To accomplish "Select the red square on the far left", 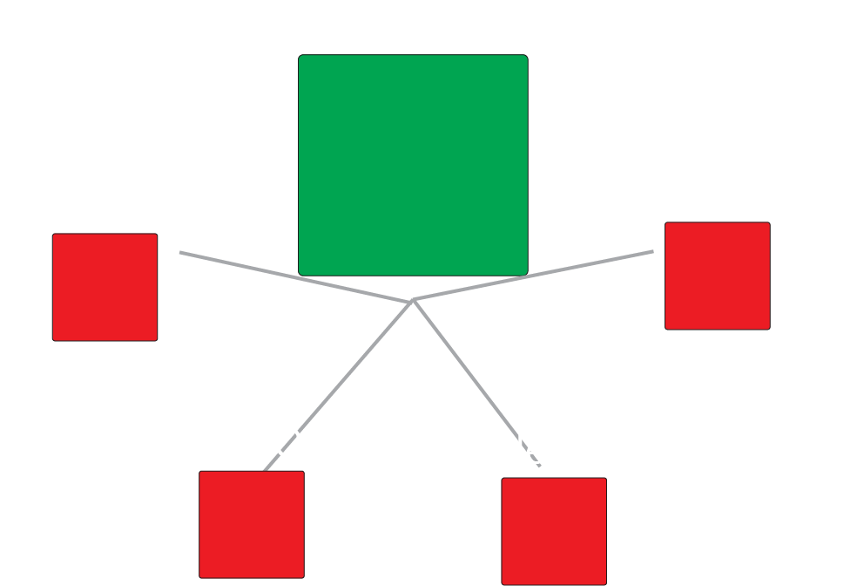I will click(105, 287).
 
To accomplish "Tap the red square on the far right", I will click(717, 276).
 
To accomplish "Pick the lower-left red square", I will click(251, 524).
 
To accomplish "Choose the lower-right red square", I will click(553, 530).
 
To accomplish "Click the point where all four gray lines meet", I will click(412, 301).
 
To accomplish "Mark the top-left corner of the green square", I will click(300, 56).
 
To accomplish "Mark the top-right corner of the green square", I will click(527, 56).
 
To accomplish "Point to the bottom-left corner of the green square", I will click(300, 274).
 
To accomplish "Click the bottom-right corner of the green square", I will click(527, 274).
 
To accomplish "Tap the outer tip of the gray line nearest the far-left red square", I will click(180, 252).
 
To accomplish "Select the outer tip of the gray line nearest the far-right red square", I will click(652, 251).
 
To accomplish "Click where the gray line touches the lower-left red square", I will click(265, 471).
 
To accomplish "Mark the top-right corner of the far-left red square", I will click(157, 235).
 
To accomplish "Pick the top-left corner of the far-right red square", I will click(666, 223).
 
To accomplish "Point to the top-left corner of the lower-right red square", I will click(503, 479).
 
